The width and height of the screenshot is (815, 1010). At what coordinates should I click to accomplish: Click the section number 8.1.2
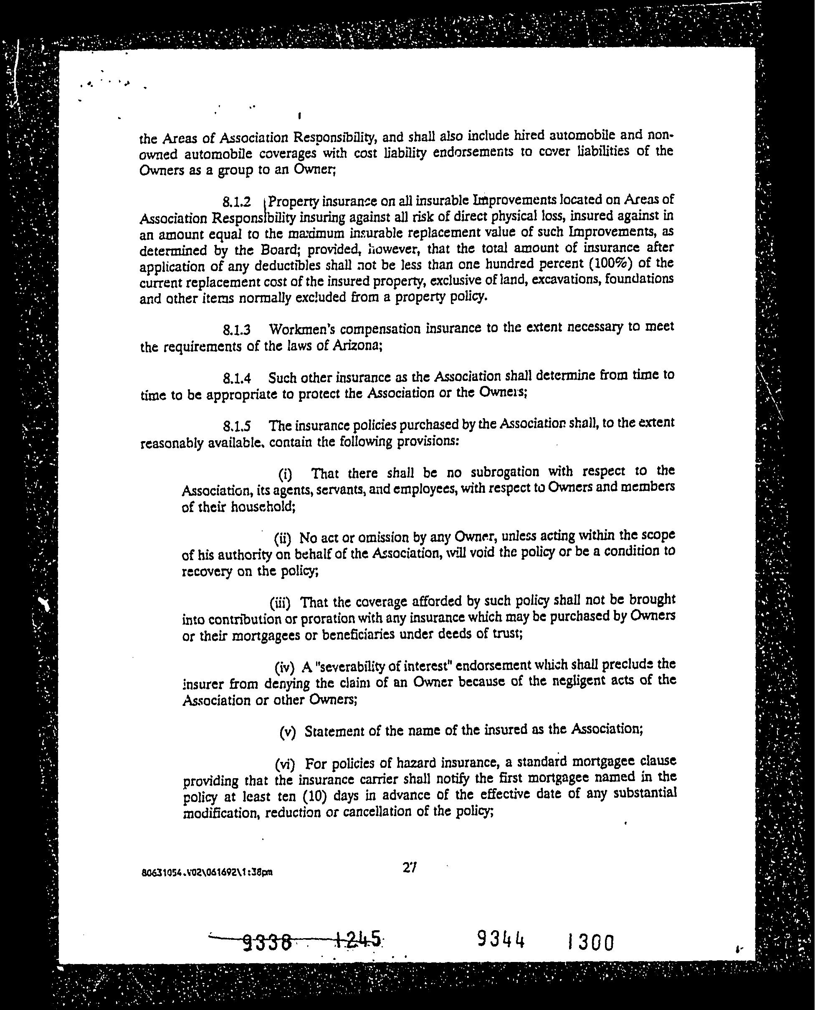[237, 202]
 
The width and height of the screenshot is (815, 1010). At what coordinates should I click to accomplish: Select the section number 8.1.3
[237, 330]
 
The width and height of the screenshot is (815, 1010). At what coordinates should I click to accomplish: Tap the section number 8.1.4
[237, 378]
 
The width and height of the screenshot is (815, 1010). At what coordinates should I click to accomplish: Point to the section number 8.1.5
[237, 426]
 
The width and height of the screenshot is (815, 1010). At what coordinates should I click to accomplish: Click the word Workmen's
[302, 330]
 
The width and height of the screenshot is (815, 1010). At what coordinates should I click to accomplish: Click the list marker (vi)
[284, 765]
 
